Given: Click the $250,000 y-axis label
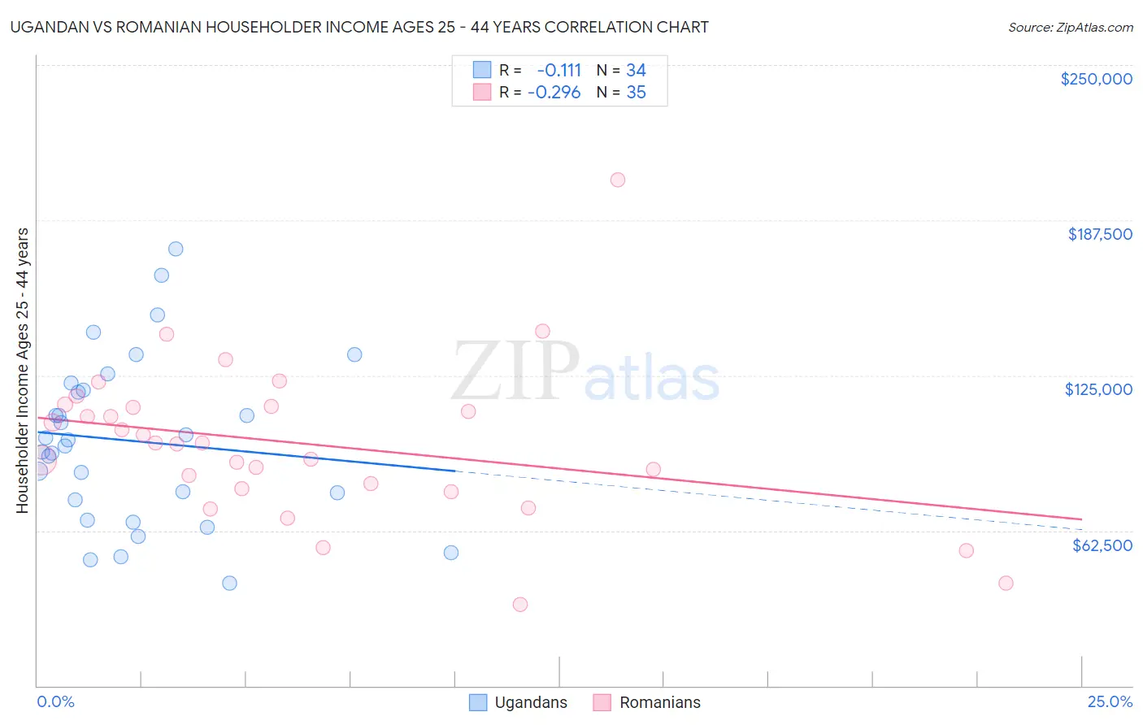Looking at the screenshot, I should point(1096,79).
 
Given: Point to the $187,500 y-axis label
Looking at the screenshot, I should point(1099,234).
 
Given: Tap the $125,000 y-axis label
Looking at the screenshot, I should point(1098,389).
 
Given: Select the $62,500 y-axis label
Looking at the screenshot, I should point(1102,545).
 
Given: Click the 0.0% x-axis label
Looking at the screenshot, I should point(56,701).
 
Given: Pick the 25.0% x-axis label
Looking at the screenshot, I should point(1110,701).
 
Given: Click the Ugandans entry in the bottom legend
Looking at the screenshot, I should point(530,702).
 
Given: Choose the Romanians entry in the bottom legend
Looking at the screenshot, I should point(659,702).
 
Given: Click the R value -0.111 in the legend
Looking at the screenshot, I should point(559,71).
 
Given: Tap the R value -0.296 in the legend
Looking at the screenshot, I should point(554,93).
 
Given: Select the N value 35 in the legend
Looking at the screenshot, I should point(636,93).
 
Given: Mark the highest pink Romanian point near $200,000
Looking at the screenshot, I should point(618,180).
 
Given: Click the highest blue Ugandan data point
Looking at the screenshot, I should point(176,249).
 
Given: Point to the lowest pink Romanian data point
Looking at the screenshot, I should point(520,604).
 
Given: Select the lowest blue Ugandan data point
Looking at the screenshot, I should point(229,583).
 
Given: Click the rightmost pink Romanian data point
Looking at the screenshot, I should point(1006,583).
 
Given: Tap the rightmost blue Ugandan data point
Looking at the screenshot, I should point(451,553).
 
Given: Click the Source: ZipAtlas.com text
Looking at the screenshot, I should point(1070,28).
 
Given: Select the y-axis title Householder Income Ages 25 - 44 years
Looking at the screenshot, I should point(23,371).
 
